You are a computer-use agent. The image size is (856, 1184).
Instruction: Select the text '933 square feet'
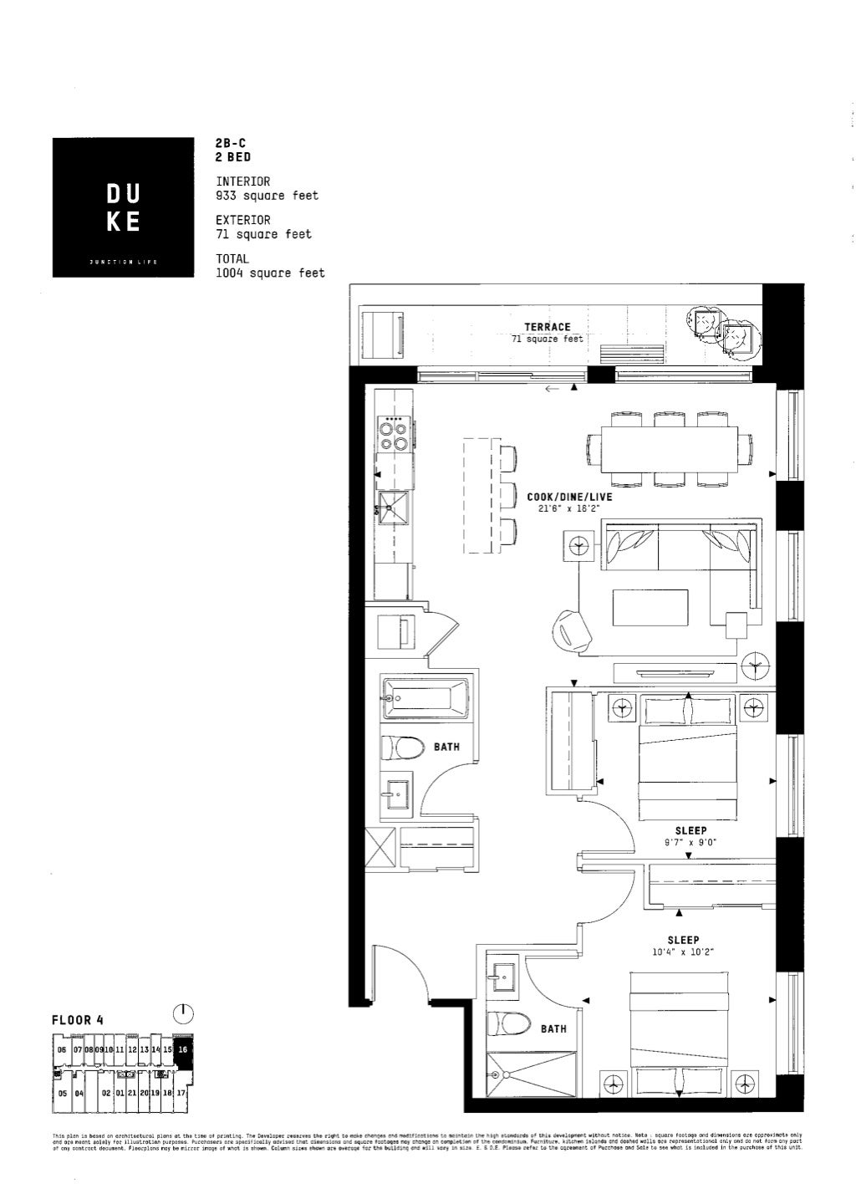click(x=267, y=195)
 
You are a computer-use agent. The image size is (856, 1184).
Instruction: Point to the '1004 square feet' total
click(x=270, y=273)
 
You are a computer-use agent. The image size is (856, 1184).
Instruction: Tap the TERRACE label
click(x=548, y=327)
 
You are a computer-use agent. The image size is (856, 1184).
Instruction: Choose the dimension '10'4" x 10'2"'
click(x=683, y=952)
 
